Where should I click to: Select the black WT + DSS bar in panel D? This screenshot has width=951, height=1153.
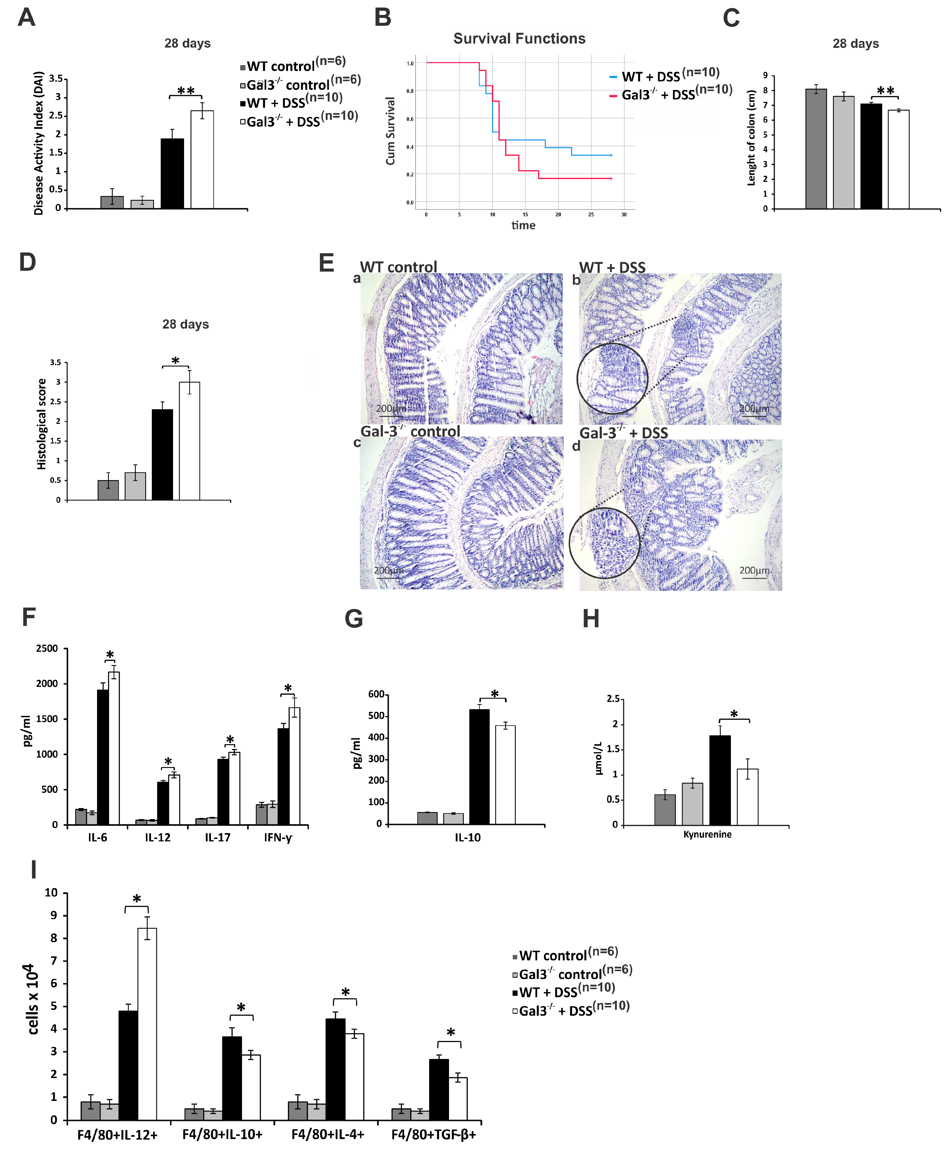click(x=162, y=455)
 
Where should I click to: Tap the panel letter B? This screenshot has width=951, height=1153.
click(x=383, y=17)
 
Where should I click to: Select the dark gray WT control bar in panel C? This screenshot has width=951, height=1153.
click(x=816, y=149)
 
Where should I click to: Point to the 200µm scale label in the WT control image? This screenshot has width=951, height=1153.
click(x=391, y=409)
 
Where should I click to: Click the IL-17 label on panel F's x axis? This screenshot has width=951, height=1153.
click(x=217, y=838)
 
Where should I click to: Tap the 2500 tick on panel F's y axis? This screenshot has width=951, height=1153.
click(x=47, y=648)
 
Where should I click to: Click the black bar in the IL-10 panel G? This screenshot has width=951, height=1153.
click(x=479, y=767)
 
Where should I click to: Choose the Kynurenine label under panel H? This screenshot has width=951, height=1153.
click(x=707, y=834)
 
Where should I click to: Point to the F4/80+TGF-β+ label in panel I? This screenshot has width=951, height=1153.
click(x=433, y=1134)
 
